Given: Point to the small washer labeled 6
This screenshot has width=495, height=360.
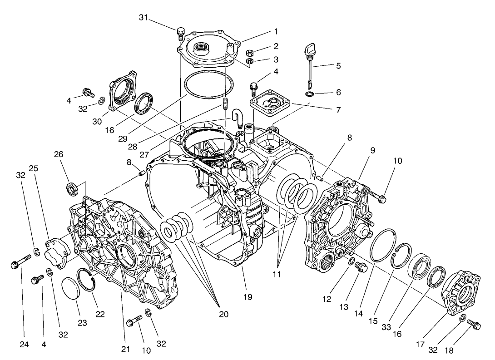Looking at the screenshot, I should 310,94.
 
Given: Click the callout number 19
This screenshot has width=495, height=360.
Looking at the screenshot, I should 248,297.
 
